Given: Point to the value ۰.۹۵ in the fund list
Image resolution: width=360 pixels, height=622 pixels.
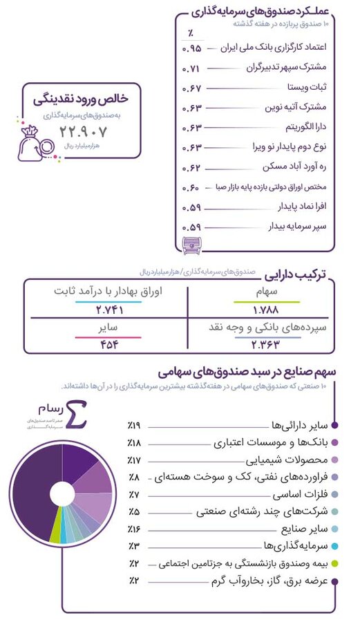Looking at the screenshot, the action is tap(191, 49).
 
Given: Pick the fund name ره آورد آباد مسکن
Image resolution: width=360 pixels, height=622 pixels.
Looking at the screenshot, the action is tap(296, 167).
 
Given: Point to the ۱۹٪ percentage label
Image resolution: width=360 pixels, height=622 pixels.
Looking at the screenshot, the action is tap(135, 424).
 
